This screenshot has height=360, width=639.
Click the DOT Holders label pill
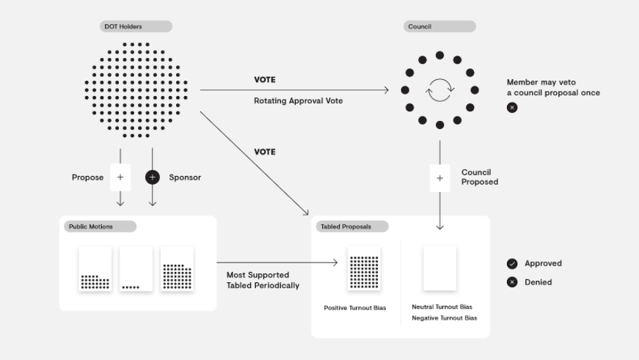[x=136, y=26]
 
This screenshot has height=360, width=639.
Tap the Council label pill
[x=439, y=26]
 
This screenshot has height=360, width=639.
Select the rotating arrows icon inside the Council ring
[x=439, y=90]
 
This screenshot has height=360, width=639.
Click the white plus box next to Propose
[x=120, y=177]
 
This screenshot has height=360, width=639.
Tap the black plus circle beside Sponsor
[x=153, y=177]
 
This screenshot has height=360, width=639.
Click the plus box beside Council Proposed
[x=439, y=178]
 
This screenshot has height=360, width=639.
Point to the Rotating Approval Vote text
[x=299, y=100]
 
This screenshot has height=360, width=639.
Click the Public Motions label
[x=100, y=227]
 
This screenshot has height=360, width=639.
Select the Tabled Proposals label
[x=352, y=227]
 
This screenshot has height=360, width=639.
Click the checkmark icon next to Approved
[x=512, y=263]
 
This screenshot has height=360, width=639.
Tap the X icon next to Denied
[x=512, y=282]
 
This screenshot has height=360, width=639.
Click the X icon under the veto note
[x=512, y=108]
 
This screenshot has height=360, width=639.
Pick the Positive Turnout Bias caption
[x=355, y=308]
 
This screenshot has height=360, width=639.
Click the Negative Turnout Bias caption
[x=444, y=317]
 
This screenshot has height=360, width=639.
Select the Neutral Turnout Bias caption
[x=442, y=306]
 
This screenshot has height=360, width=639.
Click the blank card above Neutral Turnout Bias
[x=439, y=268]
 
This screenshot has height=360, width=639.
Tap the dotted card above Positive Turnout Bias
[x=364, y=268]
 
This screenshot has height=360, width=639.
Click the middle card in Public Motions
[x=136, y=269]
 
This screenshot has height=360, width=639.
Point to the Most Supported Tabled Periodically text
[x=263, y=280]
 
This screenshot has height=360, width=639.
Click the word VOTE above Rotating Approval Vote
[x=265, y=80]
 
